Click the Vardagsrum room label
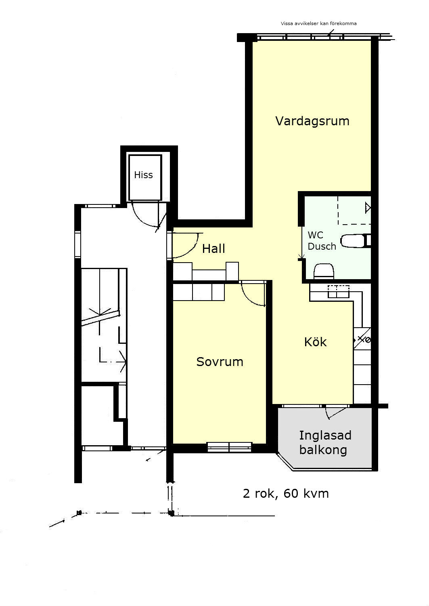point(312,121)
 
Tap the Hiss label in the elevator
point(143,175)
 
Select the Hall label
point(213,248)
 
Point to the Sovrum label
point(220,362)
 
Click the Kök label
point(315,342)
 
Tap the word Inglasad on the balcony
point(325,435)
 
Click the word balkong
point(323,450)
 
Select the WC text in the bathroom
point(315,235)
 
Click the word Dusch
point(322,246)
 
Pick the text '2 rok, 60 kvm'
point(286,493)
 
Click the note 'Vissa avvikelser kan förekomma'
point(318,23)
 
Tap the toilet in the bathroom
point(324,271)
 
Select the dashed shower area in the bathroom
point(354,210)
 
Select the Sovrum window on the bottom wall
point(230,447)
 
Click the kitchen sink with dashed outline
point(339,291)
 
